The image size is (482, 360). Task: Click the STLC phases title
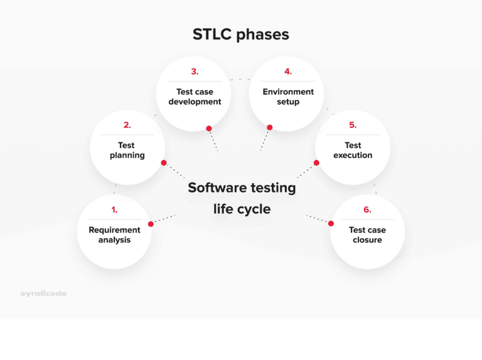click(241, 34)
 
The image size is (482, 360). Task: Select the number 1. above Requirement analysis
click(114, 210)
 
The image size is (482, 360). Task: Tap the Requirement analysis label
click(114, 235)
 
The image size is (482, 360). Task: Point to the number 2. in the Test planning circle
click(127, 125)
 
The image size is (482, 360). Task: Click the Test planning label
click(127, 150)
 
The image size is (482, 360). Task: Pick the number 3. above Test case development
click(195, 71)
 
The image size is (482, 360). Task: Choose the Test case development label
click(195, 97)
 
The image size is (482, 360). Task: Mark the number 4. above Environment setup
click(288, 71)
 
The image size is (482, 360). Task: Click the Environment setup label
click(288, 97)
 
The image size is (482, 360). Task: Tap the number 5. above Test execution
click(353, 125)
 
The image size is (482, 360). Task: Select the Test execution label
click(353, 150)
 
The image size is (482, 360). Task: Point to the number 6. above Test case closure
click(367, 210)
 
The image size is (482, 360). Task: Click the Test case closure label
click(367, 235)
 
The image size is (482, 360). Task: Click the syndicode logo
click(43, 294)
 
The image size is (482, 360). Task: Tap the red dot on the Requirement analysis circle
click(151, 224)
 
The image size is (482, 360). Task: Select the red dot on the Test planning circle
click(164, 163)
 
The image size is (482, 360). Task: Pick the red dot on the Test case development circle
click(209, 129)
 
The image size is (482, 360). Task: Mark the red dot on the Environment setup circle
click(270, 128)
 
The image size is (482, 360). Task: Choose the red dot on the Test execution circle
click(317, 163)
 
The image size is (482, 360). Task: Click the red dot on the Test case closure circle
click(331, 223)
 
